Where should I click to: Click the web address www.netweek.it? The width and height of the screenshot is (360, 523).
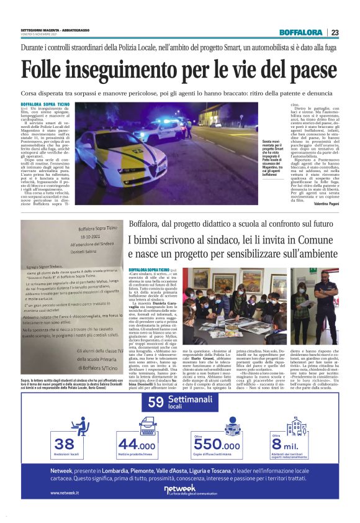tap(65, 493)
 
